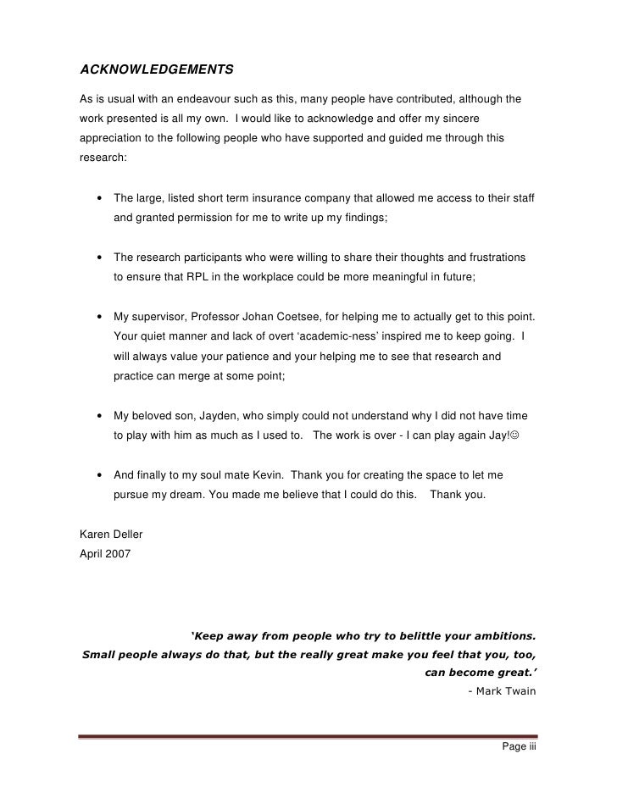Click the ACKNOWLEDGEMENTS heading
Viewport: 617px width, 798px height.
tap(157, 68)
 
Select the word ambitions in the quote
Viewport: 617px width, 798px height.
tap(498, 635)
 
